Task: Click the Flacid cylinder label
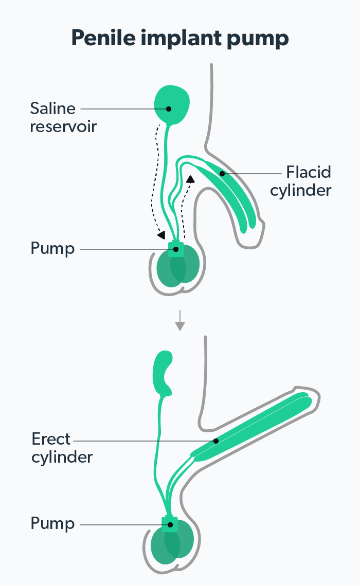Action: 308,180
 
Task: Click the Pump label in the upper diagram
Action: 52,249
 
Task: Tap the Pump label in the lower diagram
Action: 52,524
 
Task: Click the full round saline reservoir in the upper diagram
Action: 172,105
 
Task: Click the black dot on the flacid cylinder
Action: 222,174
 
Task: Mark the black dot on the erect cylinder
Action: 216,441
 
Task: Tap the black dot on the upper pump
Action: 176,249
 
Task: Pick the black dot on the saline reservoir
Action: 169,108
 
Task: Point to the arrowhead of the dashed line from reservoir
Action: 161,234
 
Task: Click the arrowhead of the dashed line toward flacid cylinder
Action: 191,178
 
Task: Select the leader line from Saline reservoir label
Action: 123,108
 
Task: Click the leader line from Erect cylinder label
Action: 144,441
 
